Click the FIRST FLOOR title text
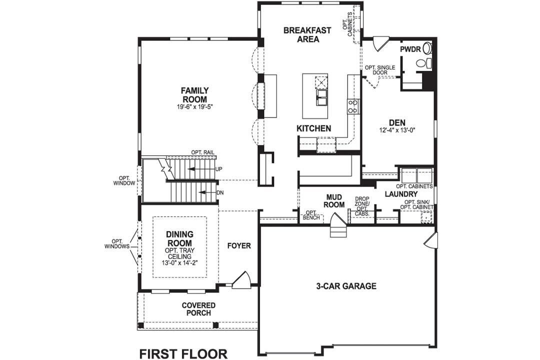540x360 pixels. point(183,353)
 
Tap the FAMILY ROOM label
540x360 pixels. point(194,95)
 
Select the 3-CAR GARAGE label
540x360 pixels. point(345,286)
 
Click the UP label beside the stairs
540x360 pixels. point(218,169)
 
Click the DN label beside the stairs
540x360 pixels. point(219,192)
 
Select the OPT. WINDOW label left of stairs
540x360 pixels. point(124,180)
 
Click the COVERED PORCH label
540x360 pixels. point(198,309)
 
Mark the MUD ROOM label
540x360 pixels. point(333,201)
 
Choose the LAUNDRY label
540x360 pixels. point(401,194)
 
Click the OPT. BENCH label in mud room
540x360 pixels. point(312,215)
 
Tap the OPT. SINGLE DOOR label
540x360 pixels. point(379,69)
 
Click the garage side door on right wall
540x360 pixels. point(430,241)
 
